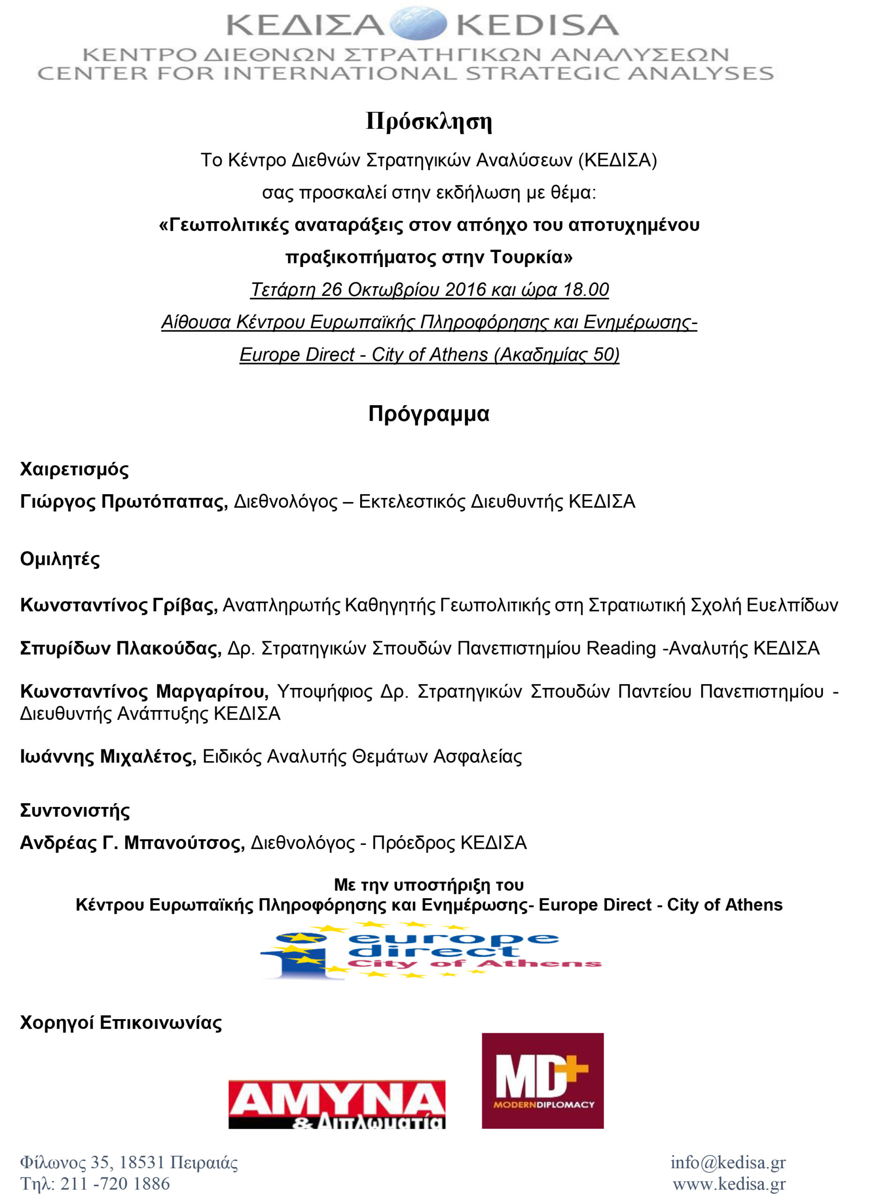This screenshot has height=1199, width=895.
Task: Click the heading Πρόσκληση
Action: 429,121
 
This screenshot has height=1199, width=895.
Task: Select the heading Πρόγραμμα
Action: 429,414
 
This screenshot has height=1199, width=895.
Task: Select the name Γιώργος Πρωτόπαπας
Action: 124,502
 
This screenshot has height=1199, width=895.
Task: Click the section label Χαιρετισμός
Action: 74,469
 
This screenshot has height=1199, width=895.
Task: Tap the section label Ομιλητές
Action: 60,559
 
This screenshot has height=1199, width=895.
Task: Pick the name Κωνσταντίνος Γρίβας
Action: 118,605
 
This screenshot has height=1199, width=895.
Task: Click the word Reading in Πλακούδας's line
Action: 621,649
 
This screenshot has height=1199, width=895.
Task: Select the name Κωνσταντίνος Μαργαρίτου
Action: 144,692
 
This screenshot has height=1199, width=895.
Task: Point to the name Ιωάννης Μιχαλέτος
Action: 108,757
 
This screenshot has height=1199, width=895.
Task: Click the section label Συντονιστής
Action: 75,811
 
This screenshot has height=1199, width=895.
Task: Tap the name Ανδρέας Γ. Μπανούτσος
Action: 132,844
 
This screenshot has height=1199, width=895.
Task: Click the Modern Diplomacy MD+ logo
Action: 542,1081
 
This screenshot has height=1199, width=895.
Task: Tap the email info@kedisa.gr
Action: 728,1162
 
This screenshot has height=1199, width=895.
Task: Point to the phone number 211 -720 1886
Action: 115,1184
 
